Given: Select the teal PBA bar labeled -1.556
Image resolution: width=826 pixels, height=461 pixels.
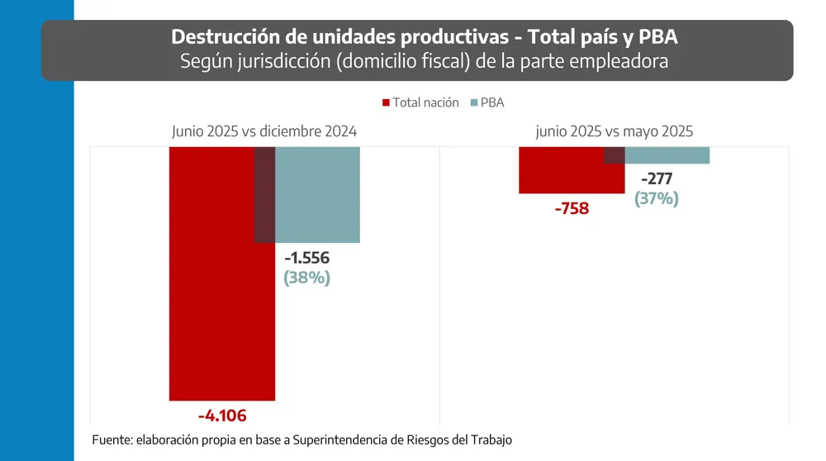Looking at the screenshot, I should coord(317,194).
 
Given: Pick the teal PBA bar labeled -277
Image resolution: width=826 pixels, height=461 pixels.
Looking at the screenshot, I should coord(667,155).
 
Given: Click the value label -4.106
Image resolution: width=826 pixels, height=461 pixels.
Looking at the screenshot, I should coord(222,416).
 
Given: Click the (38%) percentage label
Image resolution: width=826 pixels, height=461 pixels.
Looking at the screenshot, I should coord(307,278).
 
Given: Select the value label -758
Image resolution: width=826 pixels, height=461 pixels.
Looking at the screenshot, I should coord(572,208).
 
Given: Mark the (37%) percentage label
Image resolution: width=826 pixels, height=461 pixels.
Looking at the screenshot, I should coord(657,198).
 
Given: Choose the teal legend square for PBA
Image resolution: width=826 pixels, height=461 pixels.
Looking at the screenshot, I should coord(473,103).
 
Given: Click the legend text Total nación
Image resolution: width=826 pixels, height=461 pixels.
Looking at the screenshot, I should coord(425,103).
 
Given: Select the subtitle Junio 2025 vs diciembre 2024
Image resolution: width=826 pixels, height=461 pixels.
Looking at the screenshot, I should coord(264,131).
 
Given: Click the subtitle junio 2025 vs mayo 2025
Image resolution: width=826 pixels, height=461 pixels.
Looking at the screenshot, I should coord(614,131).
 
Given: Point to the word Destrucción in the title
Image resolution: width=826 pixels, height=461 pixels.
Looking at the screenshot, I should coord(217,37).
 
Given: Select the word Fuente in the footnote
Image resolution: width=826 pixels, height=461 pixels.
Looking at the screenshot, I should coord(113,440).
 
